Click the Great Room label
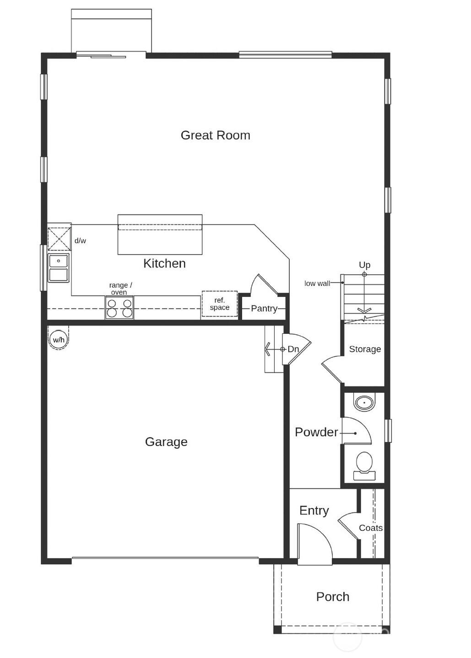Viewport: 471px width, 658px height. [215, 135]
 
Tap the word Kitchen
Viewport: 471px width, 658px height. [164, 263]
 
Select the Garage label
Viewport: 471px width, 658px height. [166, 442]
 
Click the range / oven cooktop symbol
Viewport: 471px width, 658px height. [119, 308]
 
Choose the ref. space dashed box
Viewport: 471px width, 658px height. [220, 304]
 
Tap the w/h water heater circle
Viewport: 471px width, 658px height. [59, 340]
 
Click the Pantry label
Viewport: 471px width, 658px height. [264, 309]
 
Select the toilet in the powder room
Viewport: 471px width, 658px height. [364, 465]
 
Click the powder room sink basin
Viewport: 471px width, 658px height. [364, 403]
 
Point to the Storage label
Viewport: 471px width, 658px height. [365, 349]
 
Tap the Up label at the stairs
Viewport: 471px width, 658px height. [364, 265]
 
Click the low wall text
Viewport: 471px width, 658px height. [317, 284]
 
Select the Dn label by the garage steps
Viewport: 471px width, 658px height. [293, 349]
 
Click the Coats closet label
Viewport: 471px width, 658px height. [370, 528]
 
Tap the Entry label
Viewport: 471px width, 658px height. [314, 511]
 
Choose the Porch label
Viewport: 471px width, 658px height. [333, 597]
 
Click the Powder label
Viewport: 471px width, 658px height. [316, 432]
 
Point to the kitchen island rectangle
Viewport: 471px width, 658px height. [160, 235]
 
